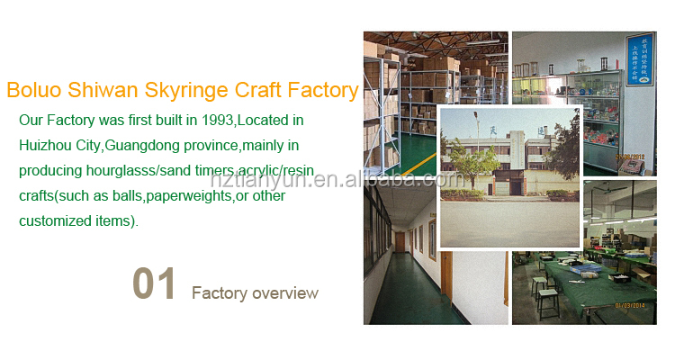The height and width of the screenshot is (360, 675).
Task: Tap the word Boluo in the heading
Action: pyautogui.click(x=34, y=91)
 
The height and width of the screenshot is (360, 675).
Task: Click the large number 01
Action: pyautogui.click(x=154, y=283)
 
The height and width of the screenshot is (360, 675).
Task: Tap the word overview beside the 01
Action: pyautogui.click(x=279, y=293)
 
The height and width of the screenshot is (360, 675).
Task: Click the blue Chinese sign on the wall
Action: pyautogui.click(x=640, y=58)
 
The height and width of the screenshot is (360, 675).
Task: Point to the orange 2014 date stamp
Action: pyautogui.click(x=630, y=305)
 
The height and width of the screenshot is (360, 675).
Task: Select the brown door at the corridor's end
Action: pyautogui.click(x=398, y=240)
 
